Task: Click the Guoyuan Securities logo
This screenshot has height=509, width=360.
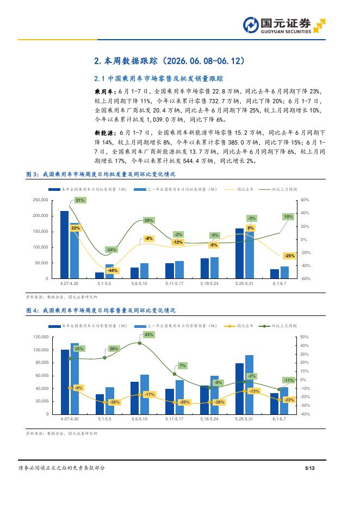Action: pyautogui.click(x=284, y=26)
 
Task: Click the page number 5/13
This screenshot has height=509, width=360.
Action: pyautogui.click(x=309, y=468)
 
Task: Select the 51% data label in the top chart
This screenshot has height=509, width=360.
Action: pyautogui.click(x=80, y=200)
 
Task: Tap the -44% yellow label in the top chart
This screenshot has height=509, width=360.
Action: pyautogui.click(x=113, y=270)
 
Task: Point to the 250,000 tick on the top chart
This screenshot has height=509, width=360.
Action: pyautogui.click(x=40, y=200)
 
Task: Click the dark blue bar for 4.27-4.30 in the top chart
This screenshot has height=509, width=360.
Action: pyautogui.click(x=65, y=245)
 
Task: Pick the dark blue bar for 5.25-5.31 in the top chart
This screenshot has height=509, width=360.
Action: pyautogui.click(x=240, y=253)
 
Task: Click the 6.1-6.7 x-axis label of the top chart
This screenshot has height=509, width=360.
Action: pyautogui.click(x=280, y=283)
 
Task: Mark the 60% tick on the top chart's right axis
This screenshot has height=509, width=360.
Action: pyautogui.click(x=305, y=200)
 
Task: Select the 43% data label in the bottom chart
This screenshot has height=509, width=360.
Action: pyautogui.click(x=148, y=334)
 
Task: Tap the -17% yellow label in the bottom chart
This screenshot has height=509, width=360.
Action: pyautogui.click(x=150, y=394)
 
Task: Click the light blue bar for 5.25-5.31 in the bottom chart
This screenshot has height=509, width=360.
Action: pyautogui.click(x=249, y=384)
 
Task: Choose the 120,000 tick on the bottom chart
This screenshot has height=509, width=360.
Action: pyautogui.click(x=41, y=337)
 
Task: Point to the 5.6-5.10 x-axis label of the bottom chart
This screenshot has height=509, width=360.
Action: pyautogui.click(x=140, y=419)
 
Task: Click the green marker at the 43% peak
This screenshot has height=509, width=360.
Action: pyautogui.click(x=140, y=343)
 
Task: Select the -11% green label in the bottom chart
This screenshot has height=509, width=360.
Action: pyautogui.click(x=288, y=380)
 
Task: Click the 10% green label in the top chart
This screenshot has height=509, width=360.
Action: pyautogui.click(x=288, y=216)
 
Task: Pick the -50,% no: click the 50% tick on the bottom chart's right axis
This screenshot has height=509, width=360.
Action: pyautogui.click(x=305, y=337)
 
